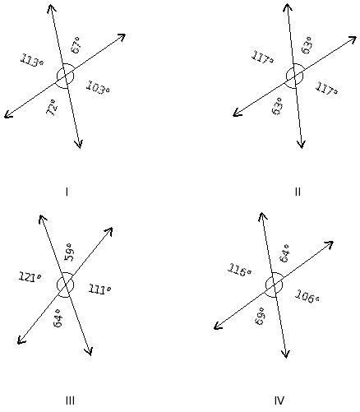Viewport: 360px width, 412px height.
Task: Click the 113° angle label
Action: coord(32,61)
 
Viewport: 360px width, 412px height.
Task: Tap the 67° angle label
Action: coord(76,45)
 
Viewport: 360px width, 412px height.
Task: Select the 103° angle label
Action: coord(99,88)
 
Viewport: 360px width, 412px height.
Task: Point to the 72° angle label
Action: coord(52,108)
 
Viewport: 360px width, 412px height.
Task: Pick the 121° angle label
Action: coord(30,276)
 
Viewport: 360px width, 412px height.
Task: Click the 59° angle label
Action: coord(69,252)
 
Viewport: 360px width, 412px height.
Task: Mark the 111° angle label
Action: coord(99,289)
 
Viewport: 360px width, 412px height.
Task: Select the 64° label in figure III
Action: coord(58,318)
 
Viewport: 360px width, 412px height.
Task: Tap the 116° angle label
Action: coord(239,271)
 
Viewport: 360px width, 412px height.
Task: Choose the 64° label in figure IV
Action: coord(284,253)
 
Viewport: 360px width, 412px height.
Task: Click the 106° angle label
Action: coord(307,296)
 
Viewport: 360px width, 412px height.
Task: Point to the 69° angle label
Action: coord(261,316)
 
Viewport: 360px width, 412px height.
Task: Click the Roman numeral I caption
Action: coord(67,192)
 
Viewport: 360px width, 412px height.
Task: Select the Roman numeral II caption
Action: coord(298,192)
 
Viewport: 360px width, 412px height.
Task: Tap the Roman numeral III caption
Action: coord(70,401)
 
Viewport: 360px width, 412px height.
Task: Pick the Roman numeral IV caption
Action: coord(279,400)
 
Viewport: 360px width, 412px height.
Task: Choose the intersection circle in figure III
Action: coord(57,285)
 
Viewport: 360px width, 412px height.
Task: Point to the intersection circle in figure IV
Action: coord(265,285)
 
